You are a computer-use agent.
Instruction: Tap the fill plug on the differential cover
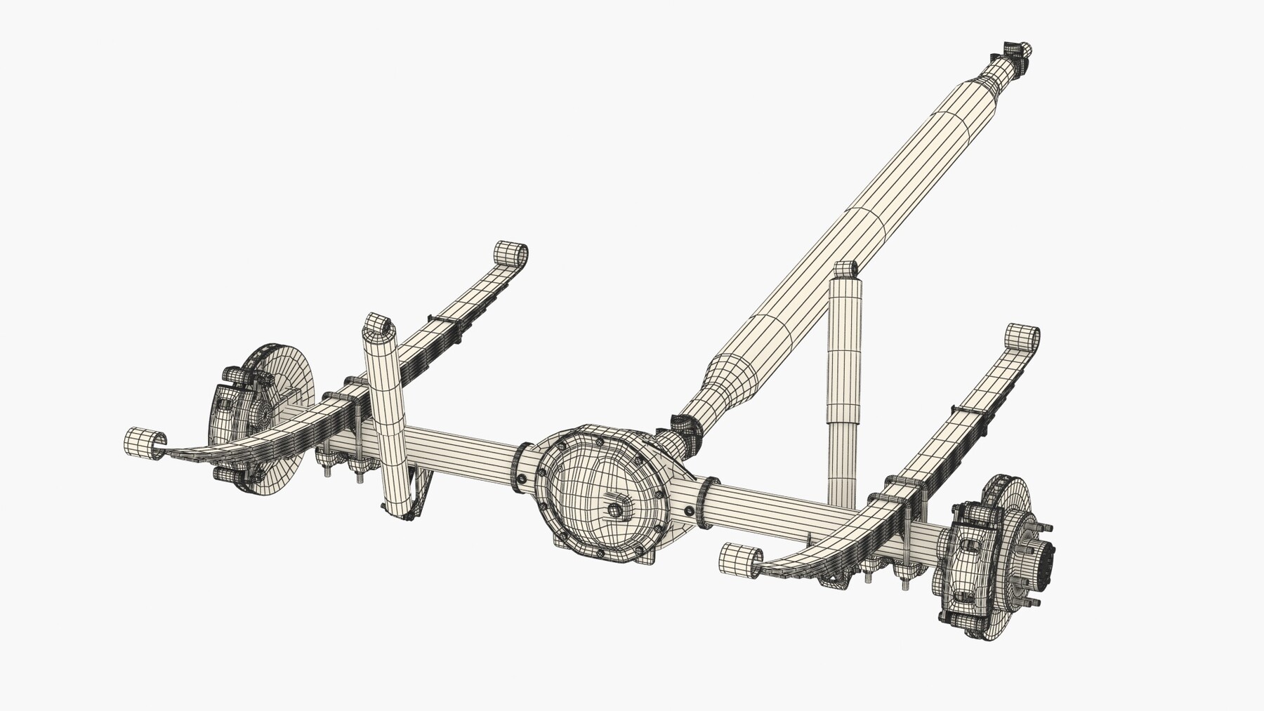click(x=615, y=510)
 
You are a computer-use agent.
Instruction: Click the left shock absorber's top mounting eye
click(x=378, y=324)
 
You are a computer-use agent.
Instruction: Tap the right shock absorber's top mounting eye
click(x=845, y=270)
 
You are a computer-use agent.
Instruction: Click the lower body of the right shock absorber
click(x=842, y=456)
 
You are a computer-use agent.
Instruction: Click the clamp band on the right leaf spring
click(x=968, y=411)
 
